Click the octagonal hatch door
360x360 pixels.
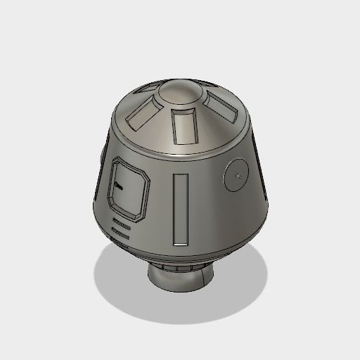point(129,188)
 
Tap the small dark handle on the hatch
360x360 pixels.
point(118,186)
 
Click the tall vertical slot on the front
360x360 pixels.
point(181,208)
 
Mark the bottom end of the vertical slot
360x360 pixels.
point(181,240)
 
